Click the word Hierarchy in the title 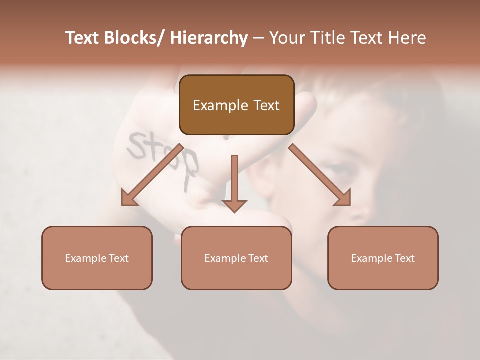click(209, 38)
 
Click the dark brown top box click(236, 105)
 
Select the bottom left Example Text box click(97, 258)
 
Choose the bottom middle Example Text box click(236, 258)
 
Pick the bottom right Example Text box click(383, 258)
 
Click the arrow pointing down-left click(152, 175)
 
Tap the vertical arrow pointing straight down click(235, 183)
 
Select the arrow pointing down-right click(320, 175)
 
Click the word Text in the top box click(265, 105)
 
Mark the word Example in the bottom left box click(86, 258)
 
